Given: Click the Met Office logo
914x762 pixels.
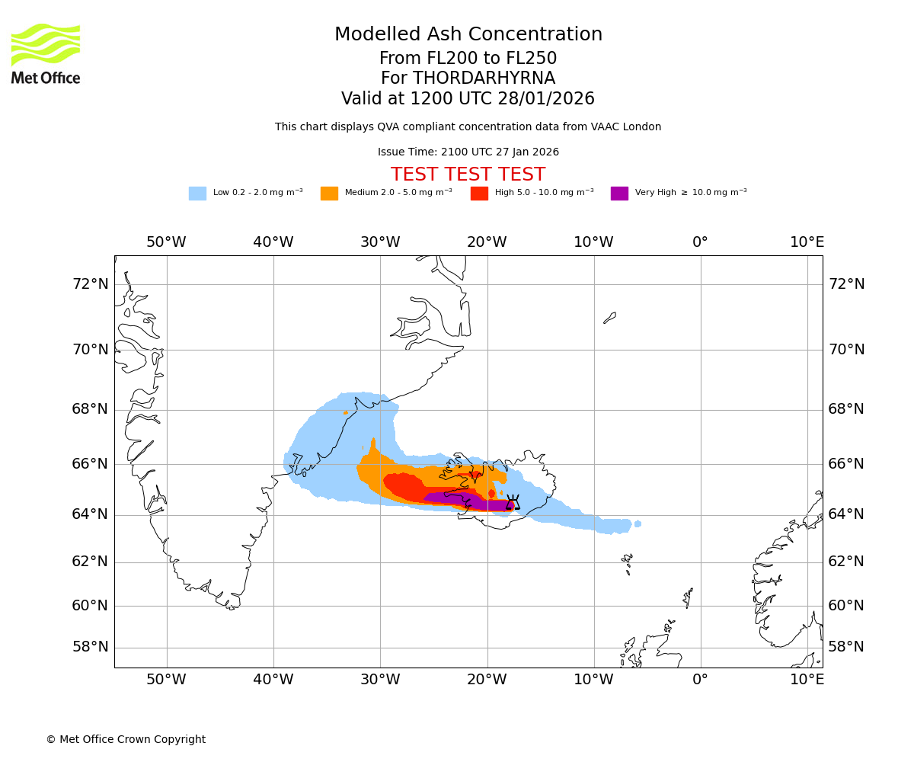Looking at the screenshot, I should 46,53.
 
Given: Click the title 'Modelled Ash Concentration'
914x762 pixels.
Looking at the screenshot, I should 468,35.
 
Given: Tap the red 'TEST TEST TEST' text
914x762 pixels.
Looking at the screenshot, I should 468,174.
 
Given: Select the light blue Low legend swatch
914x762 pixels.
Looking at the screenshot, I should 197,194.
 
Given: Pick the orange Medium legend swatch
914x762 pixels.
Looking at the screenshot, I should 329,194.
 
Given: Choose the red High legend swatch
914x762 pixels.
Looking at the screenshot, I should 479,194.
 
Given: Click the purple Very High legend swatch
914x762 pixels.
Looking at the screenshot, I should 619,194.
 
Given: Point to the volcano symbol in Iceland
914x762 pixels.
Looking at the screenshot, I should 513,502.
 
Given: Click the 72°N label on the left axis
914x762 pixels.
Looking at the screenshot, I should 90,284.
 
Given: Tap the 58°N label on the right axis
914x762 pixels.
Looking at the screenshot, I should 846,647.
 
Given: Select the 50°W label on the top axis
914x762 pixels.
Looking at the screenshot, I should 166,242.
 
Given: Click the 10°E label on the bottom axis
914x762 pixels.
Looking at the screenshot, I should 807,680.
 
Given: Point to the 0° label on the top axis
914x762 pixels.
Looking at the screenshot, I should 700,242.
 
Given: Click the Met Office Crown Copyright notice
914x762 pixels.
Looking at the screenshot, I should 126,739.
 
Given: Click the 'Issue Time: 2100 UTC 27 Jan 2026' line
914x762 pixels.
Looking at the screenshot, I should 468,152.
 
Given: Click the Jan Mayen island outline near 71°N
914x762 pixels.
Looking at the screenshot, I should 609,318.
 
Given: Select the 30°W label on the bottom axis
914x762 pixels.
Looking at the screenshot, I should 380,680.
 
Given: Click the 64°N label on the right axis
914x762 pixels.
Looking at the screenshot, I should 846,514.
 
